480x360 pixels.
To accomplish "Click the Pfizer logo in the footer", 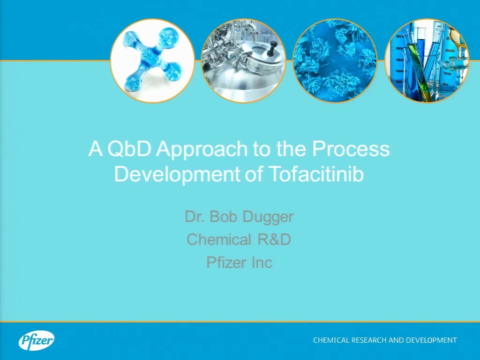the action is pos(37,340).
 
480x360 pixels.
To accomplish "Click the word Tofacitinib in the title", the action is pos(316,174).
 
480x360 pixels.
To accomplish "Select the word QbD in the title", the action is pos(129,149).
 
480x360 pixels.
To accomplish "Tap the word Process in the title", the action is pos(351,149).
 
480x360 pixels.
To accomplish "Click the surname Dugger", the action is pos(268,217).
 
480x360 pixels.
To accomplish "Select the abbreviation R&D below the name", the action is pos(274,240).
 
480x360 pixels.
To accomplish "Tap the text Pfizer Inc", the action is pos(240,262).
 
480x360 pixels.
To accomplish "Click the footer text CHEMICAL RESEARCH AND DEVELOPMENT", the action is pos(385,340).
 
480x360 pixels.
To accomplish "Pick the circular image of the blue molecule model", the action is pos(152,60).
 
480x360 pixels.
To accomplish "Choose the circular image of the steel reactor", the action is pos(244,60).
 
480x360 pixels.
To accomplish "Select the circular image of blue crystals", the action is pos(335,60).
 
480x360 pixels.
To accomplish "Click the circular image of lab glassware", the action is pos(427,60).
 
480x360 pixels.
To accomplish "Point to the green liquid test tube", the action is pos(420,70).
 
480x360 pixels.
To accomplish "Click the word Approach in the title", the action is pos(202,149).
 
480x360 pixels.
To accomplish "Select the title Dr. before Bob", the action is pos(195,217).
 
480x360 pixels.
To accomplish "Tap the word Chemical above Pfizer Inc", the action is pos(219,240).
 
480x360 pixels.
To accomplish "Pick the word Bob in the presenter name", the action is pos(223,217).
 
